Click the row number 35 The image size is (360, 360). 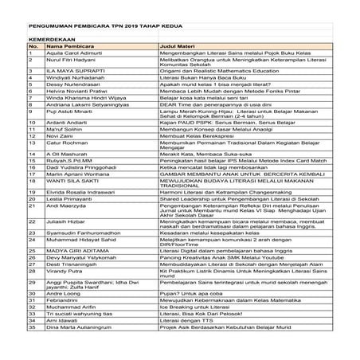click(31, 327)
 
